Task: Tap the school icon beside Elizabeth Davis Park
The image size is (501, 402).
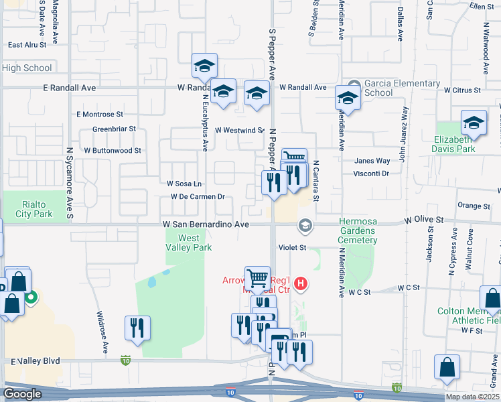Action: pos(474,123)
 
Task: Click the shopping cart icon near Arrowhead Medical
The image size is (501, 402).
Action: pos(257,277)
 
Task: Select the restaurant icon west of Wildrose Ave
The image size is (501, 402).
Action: pos(137,328)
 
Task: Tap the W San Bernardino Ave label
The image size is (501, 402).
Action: pos(205,225)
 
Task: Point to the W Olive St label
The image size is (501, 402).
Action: pos(424,220)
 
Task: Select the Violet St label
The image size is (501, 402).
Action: pos(292,247)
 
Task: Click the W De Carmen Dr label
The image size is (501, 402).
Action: pos(197,197)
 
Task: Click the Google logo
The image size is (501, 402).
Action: pos(22,394)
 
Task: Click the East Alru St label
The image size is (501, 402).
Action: pos(27,45)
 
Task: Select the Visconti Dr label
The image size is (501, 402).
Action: pos(372,174)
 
